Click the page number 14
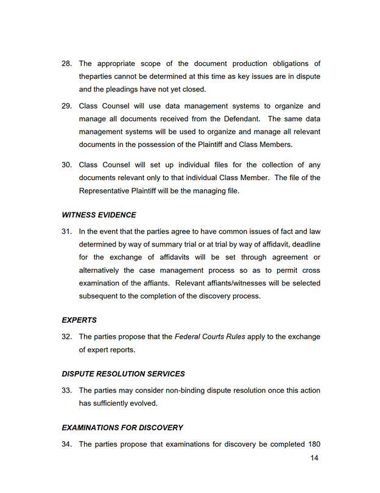(314, 458)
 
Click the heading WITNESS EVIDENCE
(99, 215)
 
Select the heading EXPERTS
(79, 320)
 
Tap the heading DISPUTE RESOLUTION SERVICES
(123, 373)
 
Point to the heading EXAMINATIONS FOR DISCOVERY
(122, 428)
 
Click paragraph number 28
(67, 63)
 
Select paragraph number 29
(67, 106)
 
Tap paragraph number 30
(67, 165)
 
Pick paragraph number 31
(67, 231)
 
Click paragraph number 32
(67, 337)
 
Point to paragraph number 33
(67, 390)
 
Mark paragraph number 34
(67, 444)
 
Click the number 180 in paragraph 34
(312, 444)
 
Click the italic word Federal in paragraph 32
(189, 337)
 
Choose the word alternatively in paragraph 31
(102, 270)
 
